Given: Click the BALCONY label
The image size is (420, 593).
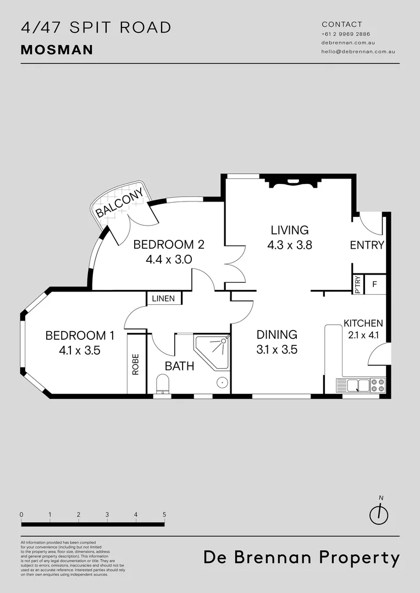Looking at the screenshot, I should coord(119,204).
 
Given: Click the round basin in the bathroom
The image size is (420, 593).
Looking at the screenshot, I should coord(221,382).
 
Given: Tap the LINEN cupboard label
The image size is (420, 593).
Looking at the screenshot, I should coord(163,299).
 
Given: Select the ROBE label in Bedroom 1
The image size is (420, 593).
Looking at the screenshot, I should coord(136,364).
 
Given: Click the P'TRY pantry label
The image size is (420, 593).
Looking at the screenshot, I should coord(358,284).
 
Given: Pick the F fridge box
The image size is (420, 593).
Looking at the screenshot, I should coord(375,284).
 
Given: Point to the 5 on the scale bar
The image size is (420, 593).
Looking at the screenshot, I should coord(164,514).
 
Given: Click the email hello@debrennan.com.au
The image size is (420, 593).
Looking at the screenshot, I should coord(358,52).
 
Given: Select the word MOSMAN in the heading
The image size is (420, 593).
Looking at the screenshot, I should coord(57,50).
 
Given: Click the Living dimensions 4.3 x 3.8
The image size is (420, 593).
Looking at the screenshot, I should coord(289,245).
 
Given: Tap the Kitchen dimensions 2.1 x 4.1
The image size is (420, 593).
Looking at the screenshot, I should coord(363,334).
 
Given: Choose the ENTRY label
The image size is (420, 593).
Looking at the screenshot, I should coord(367,245).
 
